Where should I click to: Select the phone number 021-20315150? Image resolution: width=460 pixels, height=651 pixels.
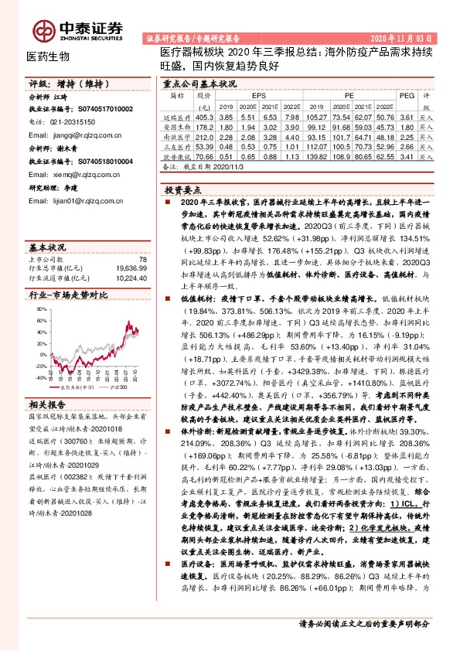point(69,121)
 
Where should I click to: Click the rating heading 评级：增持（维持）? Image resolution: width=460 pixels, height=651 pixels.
point(58,83)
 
